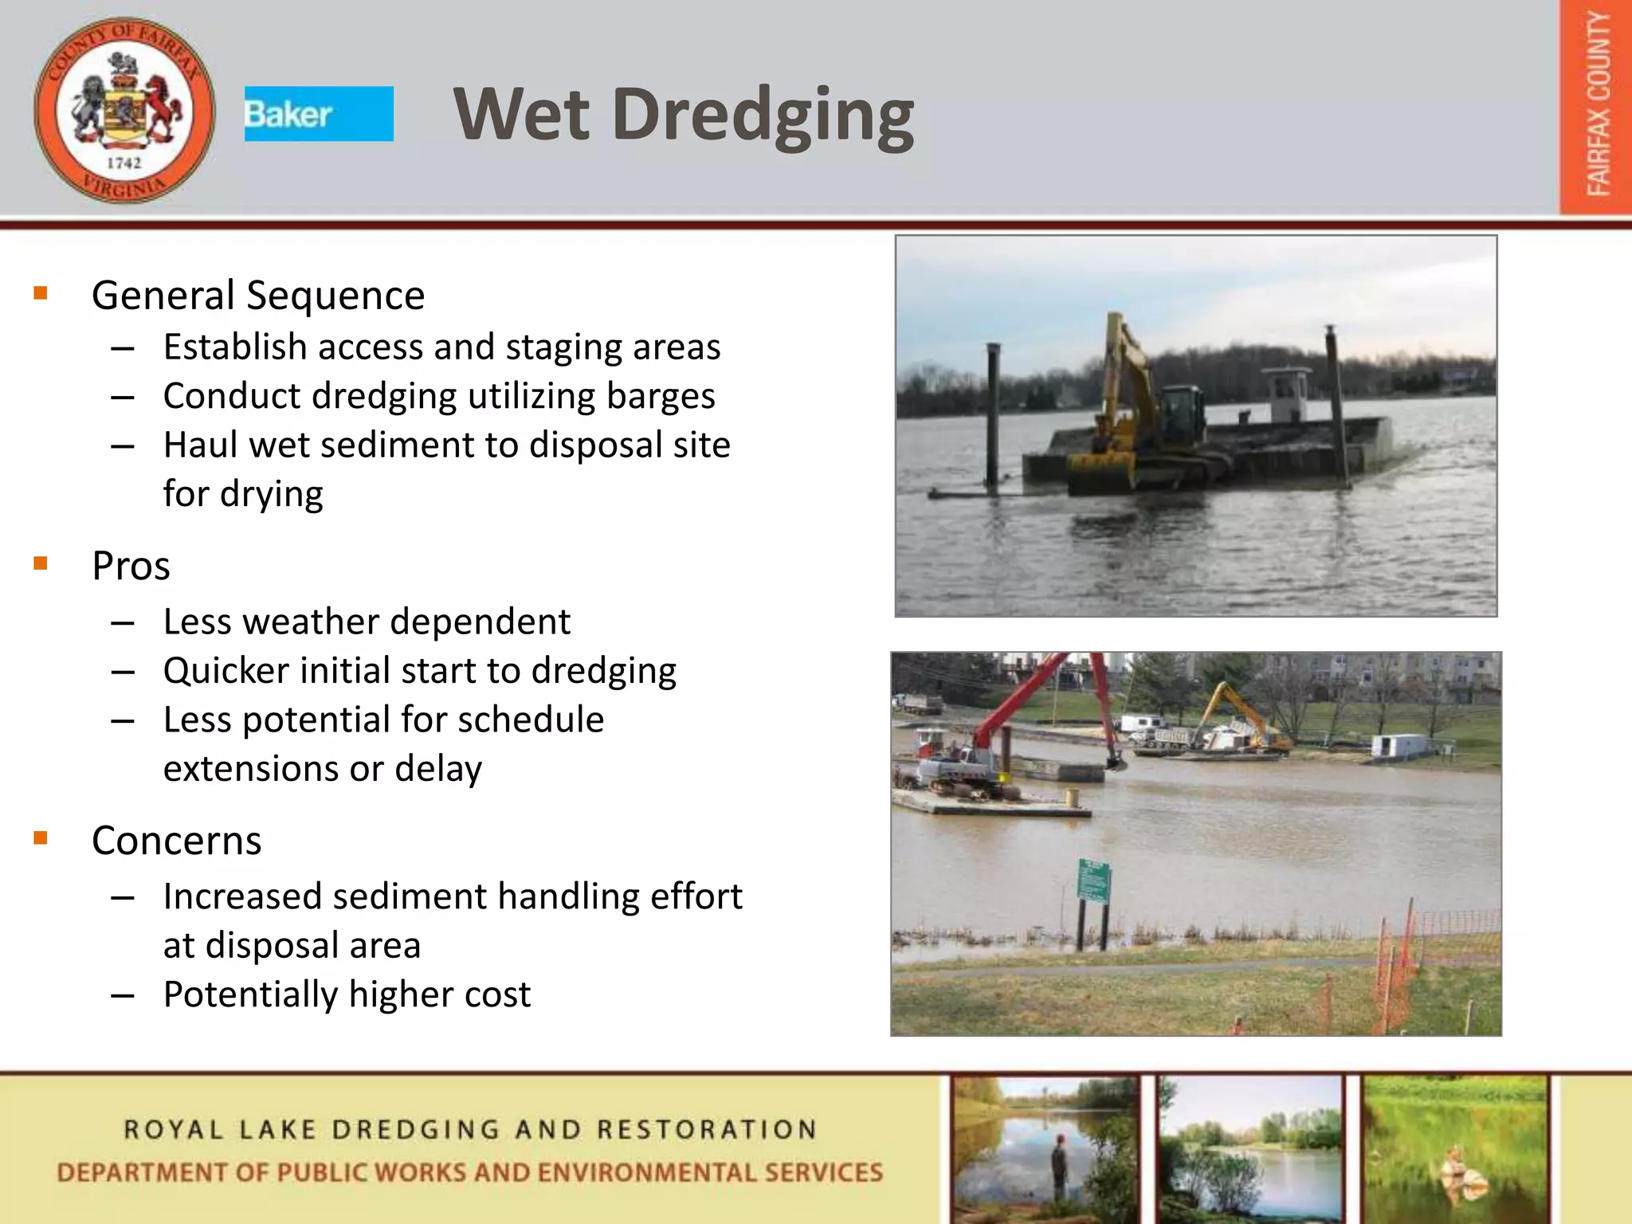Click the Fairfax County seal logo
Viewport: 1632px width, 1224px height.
pos(124,110)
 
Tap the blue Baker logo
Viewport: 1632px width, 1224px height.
pos(318,114)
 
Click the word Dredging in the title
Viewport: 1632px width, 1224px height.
pos(763,116)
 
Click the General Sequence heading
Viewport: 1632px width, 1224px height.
pos(258,296)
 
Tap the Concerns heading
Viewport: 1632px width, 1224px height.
pos(176,841)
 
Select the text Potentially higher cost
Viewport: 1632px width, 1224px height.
pos(347,994)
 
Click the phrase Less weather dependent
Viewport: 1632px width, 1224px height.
pos(367,622)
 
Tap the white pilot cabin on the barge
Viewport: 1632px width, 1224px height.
pos(1287,394)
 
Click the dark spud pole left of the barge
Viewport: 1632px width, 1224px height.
pos(994,414)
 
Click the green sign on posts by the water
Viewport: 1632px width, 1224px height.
pos(1093,881)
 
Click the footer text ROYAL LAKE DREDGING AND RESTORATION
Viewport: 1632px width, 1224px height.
pos(470,1130)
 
